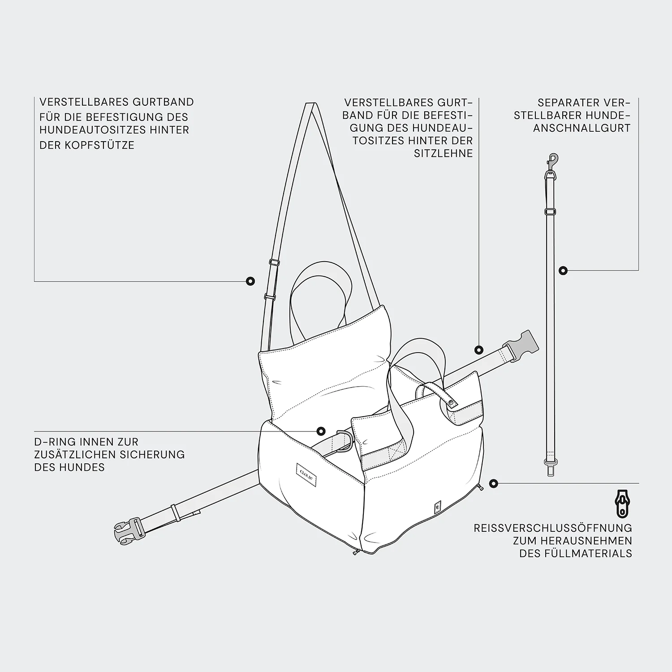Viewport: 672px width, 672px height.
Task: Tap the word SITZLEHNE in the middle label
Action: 443,153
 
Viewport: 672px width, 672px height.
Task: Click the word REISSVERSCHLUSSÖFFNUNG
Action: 553,528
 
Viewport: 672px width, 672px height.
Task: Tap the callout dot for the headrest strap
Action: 251,281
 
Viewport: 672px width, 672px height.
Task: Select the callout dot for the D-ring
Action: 321,431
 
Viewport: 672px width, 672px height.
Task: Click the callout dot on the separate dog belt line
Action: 563,271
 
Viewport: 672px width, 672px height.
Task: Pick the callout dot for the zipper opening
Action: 493,483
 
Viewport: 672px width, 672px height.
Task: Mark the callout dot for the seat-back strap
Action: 479,350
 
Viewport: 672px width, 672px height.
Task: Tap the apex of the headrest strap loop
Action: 312,104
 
